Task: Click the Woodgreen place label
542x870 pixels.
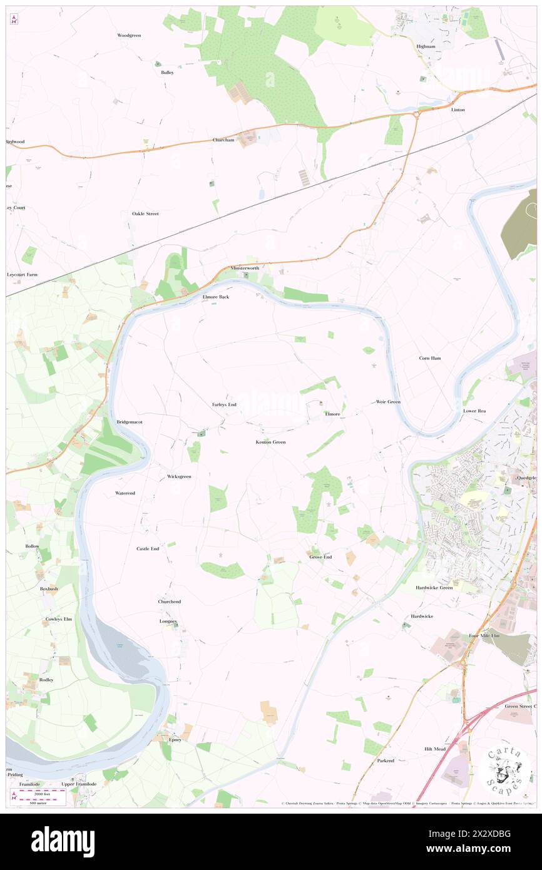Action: tap(129, 36)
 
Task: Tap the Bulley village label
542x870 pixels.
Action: tap(167, 73)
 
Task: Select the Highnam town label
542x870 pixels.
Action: tap(426, 46)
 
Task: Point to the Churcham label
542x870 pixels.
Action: tap(223, 140)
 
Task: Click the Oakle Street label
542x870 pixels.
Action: tap(145, 214)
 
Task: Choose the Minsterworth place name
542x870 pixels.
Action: tap(244, 268)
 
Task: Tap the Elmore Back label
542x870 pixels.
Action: tap(215, 297)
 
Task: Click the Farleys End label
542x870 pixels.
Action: tap(223, 405)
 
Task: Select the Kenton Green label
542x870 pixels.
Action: tap(270, 443)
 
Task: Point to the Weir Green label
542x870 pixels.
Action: tap(388, 402)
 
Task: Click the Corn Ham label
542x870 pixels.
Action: tap(430, 358)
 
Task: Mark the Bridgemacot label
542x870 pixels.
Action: tap(130, 422)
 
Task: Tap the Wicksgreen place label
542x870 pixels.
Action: tap(179, 477)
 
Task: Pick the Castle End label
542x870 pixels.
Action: tap(148, 549)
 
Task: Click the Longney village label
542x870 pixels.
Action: tap(168, 622)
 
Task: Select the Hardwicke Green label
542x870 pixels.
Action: tap(434, 588)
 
